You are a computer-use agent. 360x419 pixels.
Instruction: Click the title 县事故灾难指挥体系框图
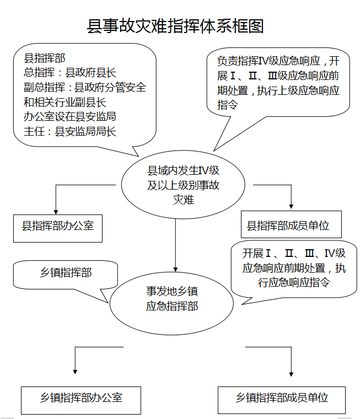click(175, 26)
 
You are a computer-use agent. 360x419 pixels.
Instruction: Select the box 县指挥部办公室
click(58, 226)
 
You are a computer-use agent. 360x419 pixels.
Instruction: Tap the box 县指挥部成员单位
click(291, 225)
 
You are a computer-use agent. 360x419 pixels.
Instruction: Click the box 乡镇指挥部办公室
click(80, 397)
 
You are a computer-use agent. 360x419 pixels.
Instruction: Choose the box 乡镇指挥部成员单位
click(282, 397)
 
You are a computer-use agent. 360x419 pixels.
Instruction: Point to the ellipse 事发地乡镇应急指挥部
click(171, 298)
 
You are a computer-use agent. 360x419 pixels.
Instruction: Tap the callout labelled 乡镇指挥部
click(66, 273)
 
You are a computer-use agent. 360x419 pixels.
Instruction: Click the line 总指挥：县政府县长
click(70, 72)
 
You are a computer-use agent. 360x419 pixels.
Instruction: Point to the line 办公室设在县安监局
click(70, 116)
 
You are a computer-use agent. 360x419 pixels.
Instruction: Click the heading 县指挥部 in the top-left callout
click(45, 57)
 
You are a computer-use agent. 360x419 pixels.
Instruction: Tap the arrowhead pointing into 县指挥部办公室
click(55, 210)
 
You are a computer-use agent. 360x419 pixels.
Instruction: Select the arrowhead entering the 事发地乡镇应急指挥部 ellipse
click(176, 268)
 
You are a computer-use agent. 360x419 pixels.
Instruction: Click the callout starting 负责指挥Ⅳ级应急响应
click(278, 83)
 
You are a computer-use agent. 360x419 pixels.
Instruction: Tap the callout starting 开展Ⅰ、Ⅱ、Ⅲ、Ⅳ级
click(294, 268)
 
